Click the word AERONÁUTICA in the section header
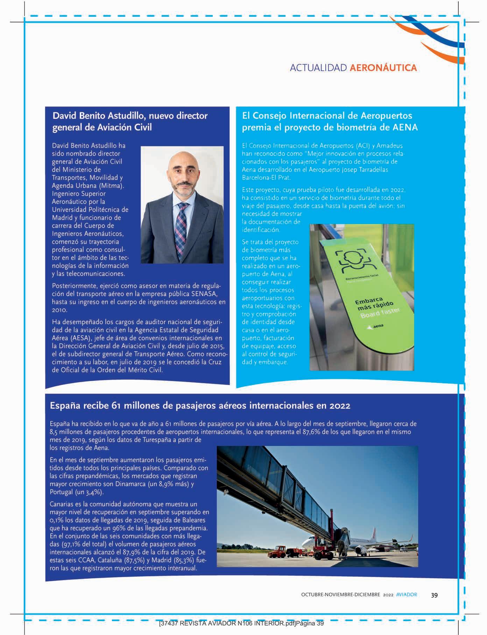point(383,68)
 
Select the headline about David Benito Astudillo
point(130,121)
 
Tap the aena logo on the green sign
point(375,327)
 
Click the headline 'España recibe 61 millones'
point(200,406)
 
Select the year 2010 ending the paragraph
point(59,310)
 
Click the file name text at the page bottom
point(241,623)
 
